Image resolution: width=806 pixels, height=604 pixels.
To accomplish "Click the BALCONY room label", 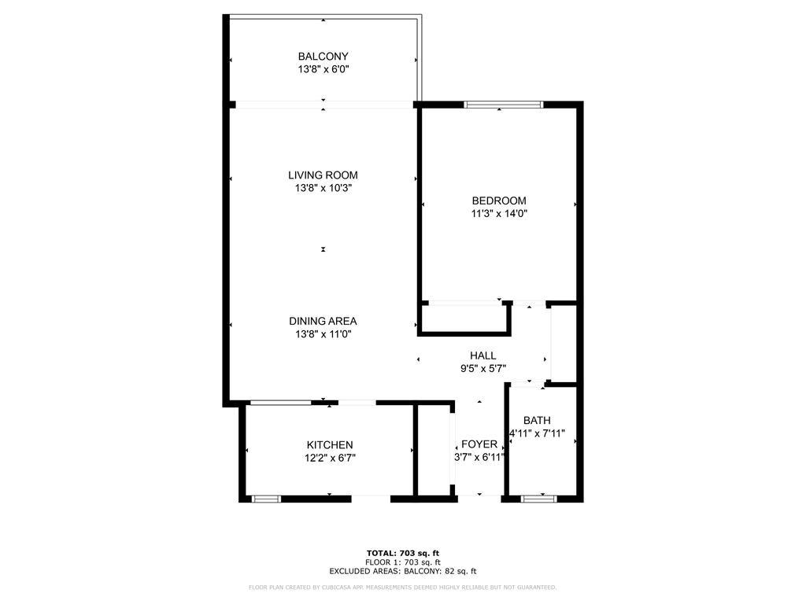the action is coord(323,56).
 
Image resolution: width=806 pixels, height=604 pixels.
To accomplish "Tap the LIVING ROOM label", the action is coord(323,175).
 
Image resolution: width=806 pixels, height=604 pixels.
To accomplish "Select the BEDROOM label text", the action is coord(499,201).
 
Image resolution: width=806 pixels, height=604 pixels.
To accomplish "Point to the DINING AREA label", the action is coord(323,321).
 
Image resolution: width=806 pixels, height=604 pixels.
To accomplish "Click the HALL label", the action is coord(482,355).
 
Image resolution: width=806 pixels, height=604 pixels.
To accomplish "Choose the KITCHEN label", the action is coord(330,445).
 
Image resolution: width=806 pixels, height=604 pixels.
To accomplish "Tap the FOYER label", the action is coord(479,444).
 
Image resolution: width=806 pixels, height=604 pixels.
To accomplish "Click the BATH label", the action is coord(537,420).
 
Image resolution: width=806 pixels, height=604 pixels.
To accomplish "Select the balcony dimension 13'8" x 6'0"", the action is coord(324,69).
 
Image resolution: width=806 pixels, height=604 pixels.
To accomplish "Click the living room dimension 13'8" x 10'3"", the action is coord(324,188).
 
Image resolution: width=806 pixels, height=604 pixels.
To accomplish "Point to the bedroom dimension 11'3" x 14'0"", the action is coord(500,214).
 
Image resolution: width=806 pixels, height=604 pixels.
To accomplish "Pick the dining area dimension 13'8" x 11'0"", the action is coord(324,334).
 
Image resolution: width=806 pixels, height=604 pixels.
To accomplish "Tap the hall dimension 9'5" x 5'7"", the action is coord(483,368).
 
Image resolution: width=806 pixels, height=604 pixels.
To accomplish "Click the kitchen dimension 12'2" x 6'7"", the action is coord(330,458).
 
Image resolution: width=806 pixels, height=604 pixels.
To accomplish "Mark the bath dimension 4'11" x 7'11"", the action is coord(537,433).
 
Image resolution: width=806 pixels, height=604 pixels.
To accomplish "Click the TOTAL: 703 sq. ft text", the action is coord(403,553).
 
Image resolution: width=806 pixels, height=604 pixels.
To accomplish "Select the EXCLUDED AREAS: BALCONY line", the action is coord(403,571).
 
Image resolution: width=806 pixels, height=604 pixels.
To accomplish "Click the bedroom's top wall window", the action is coord(503,105).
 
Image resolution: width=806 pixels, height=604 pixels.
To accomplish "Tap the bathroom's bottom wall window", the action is coord(538,498).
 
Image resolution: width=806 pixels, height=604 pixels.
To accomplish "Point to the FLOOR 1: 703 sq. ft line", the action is coord(403,562).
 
